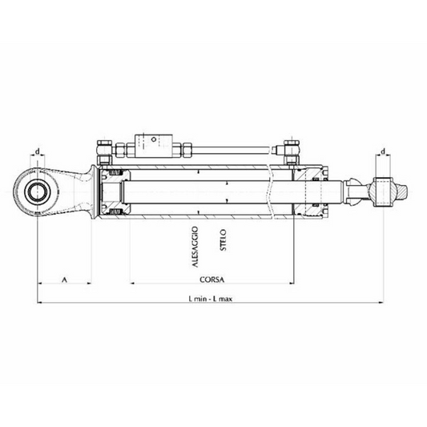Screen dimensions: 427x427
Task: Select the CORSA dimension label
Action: click(212, 280)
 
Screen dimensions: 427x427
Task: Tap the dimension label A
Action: click(63, 280)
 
